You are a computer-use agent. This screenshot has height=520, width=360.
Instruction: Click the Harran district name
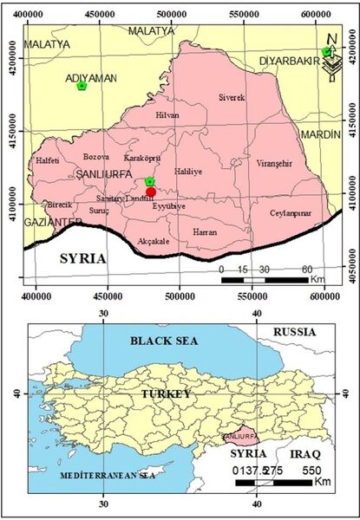[205, 231]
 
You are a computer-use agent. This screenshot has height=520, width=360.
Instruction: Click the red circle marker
[151, 192]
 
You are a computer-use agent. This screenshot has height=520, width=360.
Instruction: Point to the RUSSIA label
[296, 332]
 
